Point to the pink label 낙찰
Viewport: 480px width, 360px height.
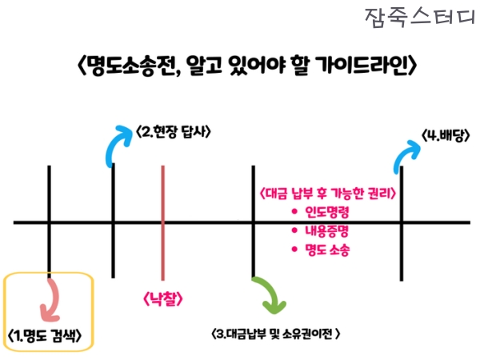click(163, 299)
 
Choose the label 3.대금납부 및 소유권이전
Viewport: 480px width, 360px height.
click(277, 332)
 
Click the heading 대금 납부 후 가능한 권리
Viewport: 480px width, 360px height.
click(329, 194)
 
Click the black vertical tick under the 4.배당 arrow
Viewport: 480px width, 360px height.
click(402, 216)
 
